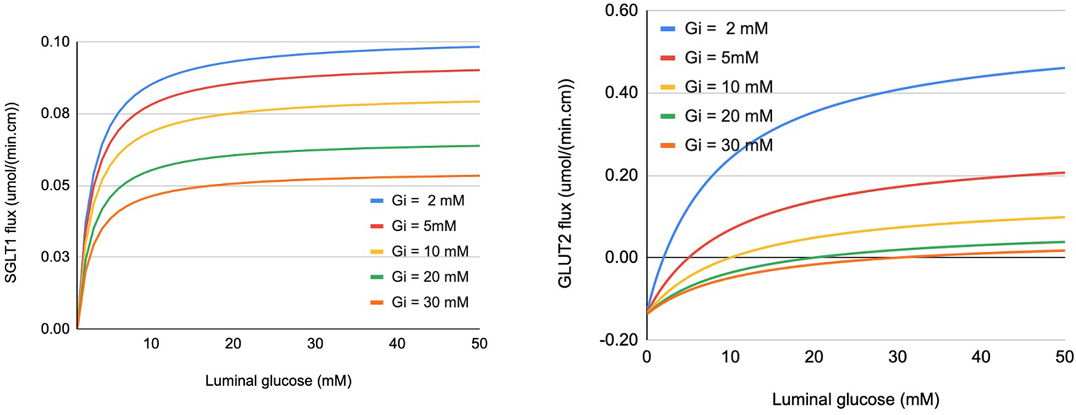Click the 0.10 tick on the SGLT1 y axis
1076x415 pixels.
click(x=55, y=42)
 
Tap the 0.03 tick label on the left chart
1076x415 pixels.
click(x=55, y=257)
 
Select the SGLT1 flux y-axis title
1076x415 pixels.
click(x=12, y=192)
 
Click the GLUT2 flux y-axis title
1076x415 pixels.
click(x=565, y=183)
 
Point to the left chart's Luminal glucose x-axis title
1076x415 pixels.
click(x=278, y=382)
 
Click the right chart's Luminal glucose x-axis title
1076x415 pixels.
click(x=855, y=400)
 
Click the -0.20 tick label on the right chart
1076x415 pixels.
click(x=619, y=340)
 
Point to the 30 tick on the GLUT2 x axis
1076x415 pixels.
click(x=897, y=357)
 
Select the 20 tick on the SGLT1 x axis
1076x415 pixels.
click(x=233, y=344)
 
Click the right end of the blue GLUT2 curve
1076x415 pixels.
click(x=1064, y=68)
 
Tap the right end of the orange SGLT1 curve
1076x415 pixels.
click(x=479, y=176)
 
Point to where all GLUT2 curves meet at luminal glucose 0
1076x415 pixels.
click(x=647, y=313)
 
